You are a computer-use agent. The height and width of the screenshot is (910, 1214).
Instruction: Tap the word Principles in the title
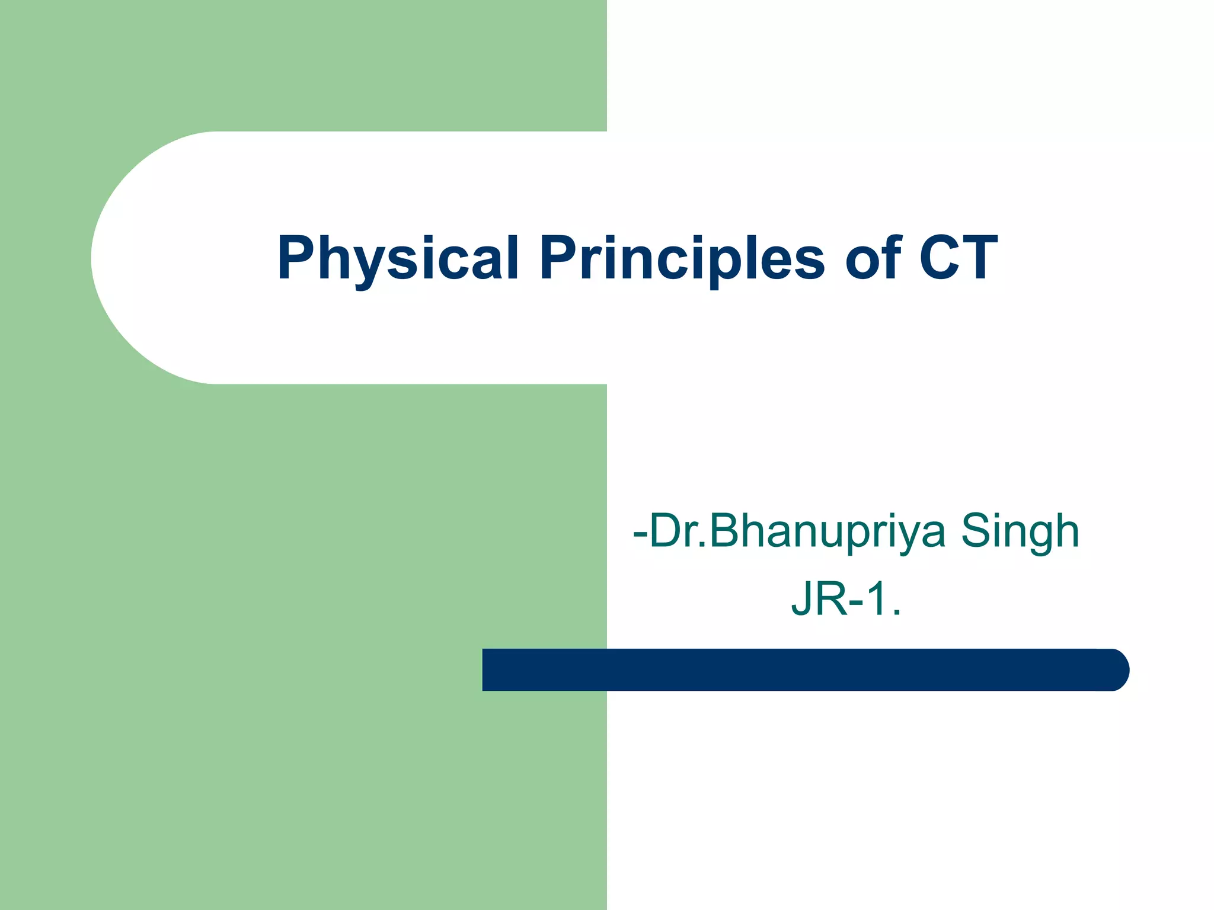click(682, 258)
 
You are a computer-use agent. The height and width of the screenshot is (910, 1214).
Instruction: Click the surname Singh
click(1020, 531)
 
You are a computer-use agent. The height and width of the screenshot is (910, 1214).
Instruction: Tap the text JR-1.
click(846, 600)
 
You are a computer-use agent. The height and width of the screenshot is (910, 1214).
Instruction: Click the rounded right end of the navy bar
click(1114, 669)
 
